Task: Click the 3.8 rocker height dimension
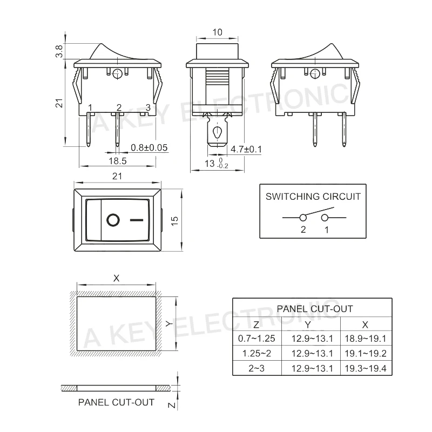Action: pyautogui.click(x=59, y=51)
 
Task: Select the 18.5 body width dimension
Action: pyautogui.click(x=118, y=161)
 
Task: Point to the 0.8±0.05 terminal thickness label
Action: pyautogui.click(x=149, y=147)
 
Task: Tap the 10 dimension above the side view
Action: pyautogui.click(x=218, y=32)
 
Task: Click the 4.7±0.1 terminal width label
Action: pyautogui.click(x=246, y=150)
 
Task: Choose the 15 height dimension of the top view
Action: pyautogui.click(x=174, y=221)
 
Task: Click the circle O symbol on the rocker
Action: pyautogui.click(x=113, y=220)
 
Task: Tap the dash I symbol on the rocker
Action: pyautogui.click(x=137, y=220)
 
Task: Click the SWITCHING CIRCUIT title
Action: pyautogui.click(x=313, y=197)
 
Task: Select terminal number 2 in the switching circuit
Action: pyautogui.click(x=303, y=230)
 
